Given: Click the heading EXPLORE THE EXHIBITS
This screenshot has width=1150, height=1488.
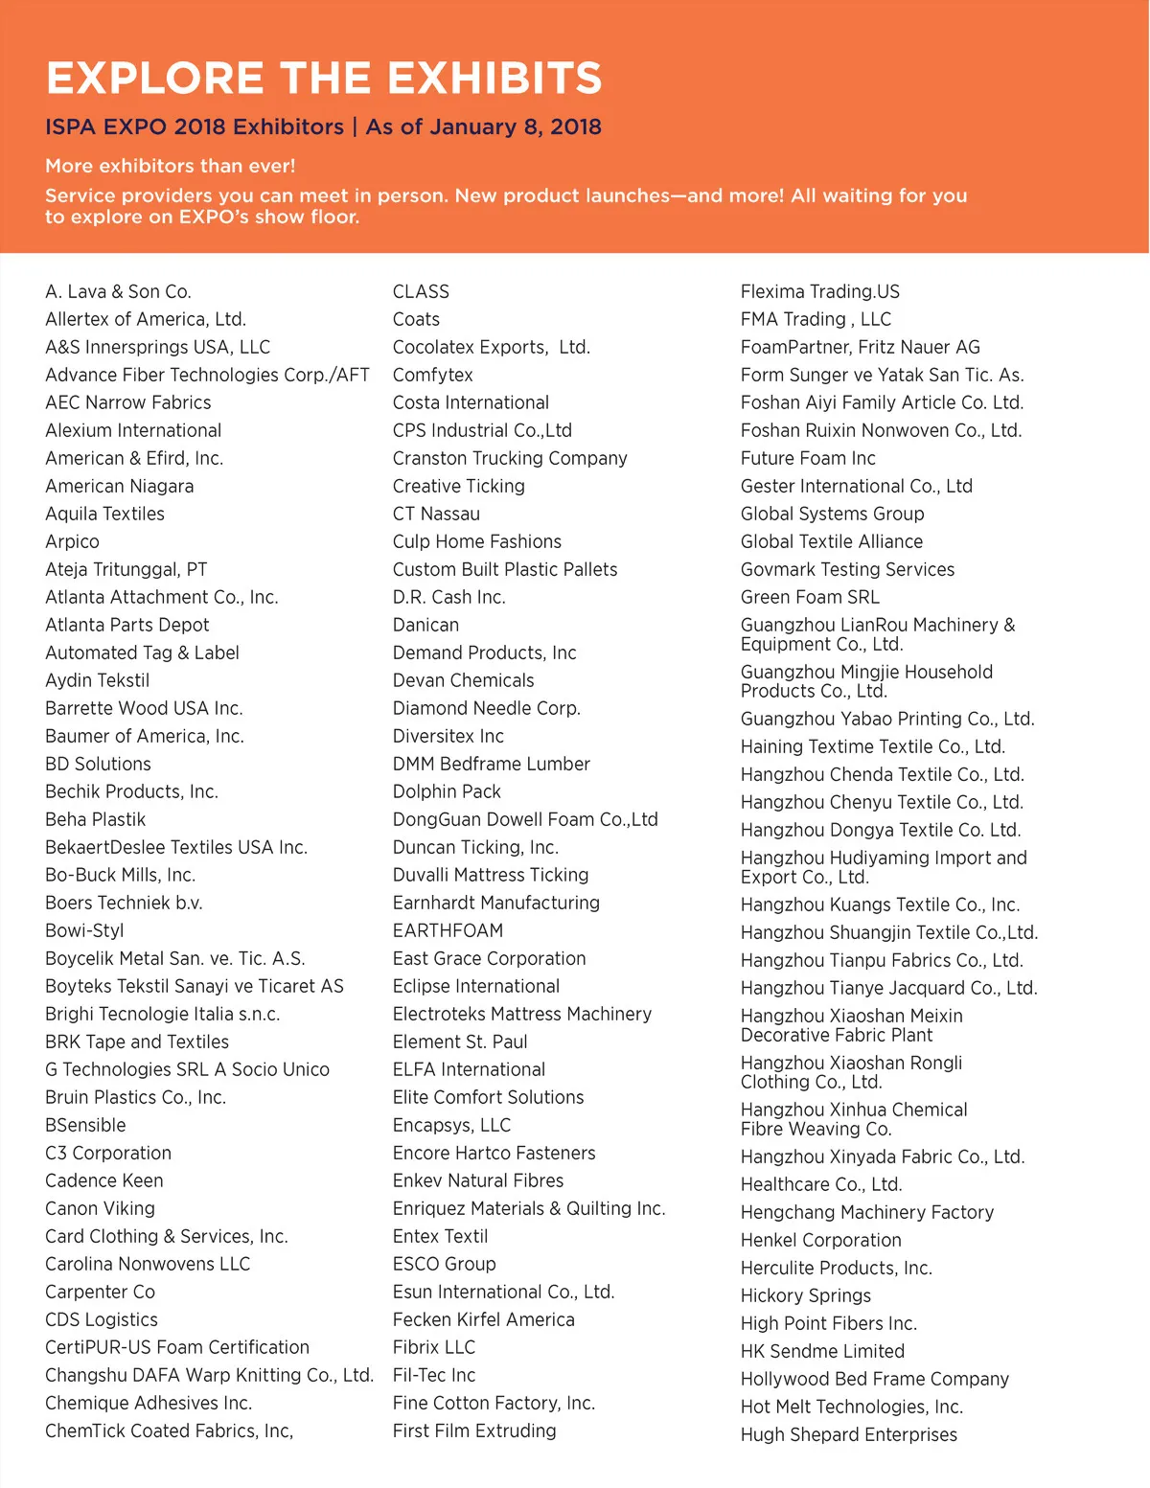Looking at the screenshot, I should point(324,78).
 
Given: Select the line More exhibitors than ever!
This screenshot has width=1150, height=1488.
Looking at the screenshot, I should point(170,166).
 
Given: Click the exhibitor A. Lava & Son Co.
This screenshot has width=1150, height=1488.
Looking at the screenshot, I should point(118,291).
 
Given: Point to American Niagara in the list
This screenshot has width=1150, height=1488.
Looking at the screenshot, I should point(119,486).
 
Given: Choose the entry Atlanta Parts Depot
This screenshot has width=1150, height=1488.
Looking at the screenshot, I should point(126,625).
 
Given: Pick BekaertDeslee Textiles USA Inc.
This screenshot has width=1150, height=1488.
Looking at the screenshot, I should point(176,847).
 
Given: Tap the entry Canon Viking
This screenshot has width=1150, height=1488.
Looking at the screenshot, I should point(100,1208).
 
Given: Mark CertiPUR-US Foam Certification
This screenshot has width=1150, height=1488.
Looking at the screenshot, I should point(177,1347).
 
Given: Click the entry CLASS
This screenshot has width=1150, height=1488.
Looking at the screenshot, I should point(421,291).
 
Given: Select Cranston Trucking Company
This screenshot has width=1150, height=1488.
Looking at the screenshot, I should point(510,458).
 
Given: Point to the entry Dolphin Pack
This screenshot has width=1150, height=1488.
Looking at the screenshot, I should point(447,791).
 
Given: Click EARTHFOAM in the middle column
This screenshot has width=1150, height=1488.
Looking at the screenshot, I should point(448,930).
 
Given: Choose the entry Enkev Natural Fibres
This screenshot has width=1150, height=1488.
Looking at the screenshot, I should point(478,1180).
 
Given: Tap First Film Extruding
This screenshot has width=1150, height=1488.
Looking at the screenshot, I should point(474,1431).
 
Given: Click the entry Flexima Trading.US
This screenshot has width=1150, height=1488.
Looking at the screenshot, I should point(820,291).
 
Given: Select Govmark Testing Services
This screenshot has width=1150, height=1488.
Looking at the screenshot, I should point(847,569).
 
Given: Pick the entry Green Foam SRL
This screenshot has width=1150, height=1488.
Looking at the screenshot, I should point(810,597).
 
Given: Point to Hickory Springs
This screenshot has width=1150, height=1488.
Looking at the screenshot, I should point(806,1295).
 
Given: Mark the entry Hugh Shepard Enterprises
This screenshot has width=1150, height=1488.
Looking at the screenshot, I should point(849,1434).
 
